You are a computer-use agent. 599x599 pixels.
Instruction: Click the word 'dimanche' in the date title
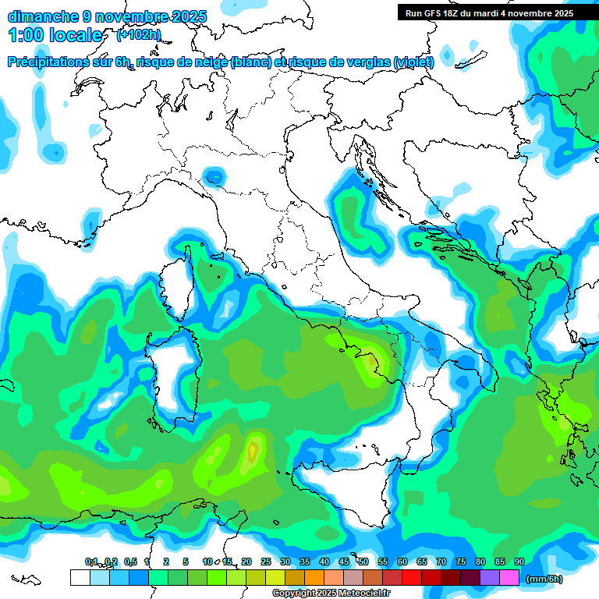pyautogui.click(x=39, y=16)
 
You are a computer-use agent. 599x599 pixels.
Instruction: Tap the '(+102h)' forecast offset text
pyautogui.click(x=139, y=34)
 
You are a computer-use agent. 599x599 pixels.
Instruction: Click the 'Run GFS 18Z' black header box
pyautogui.click(x=489, y=12)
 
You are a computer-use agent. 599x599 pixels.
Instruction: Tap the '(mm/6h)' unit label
pyautogui.click(x=544, y=579)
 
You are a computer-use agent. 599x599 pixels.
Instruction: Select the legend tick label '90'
pyautogui.click(x=519, y=562)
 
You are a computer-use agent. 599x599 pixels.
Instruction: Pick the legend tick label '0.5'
pyautogui.click(x=130, y=562)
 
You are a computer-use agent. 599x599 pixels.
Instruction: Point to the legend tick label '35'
pyautogui.click(x=305, y=562)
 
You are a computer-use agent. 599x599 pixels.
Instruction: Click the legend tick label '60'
pyautogui.click(x=402, y=562)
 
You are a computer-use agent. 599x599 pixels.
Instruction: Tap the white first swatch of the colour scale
pyautogui.click(x=80, y=577)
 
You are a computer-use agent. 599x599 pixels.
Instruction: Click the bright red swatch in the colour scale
pyautogui.click(x=412, y=577)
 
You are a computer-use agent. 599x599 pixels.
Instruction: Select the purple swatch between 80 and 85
pyautogui.click(x=490, y=577)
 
